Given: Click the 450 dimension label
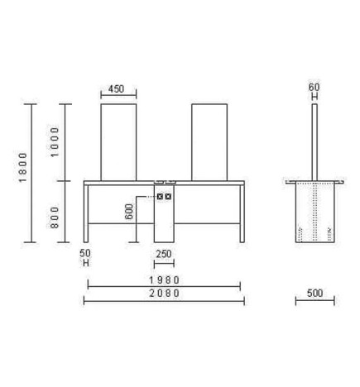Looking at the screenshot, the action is tap(116, 89).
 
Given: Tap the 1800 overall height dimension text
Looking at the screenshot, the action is tap(23, 167).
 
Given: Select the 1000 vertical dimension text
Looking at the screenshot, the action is tap(55, 142).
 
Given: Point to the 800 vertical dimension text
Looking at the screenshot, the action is tap(55, 217).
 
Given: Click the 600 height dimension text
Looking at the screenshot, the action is tap(129, 212).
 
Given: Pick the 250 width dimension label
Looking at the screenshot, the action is tap(164, 254).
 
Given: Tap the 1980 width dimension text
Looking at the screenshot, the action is tap(164, 280).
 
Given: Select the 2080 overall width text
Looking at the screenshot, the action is tap(164, 294).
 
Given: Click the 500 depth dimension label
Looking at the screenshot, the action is tap(314, 293).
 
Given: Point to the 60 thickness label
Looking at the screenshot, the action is tap(314, 88).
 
